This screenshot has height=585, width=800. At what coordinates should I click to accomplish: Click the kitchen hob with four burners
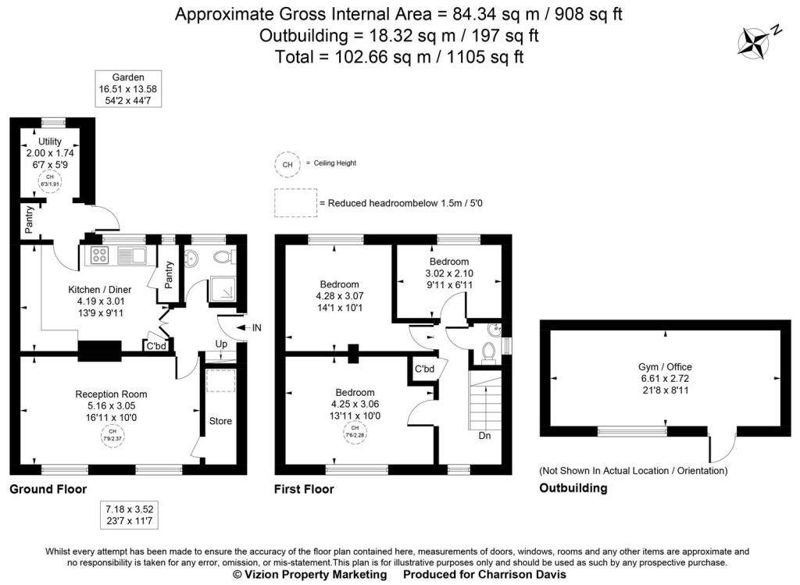[x=99, y=255]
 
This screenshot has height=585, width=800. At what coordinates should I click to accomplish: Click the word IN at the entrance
[x=257, y=327]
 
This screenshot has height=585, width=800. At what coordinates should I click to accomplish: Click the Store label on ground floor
[x=220, y=421]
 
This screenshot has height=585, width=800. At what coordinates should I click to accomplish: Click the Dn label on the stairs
[x=484, y=435]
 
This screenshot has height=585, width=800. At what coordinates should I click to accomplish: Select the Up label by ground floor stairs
[x=221, y=344]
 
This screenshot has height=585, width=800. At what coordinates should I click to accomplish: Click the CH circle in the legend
[x=287, y=164]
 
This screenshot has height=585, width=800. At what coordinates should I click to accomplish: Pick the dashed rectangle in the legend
[x=295, y=203]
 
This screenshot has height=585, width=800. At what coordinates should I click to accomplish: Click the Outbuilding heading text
[x=573, y=488]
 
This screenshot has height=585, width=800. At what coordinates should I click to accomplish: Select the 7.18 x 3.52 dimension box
[x=128, y=516]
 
